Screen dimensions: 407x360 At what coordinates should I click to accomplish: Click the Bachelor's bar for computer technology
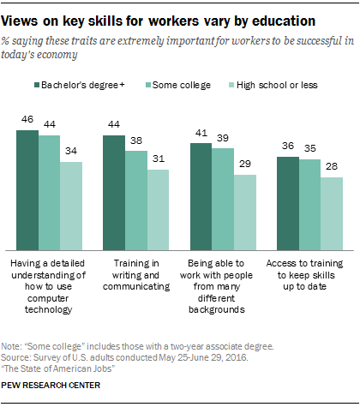28,189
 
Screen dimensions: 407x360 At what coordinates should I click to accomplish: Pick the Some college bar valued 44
51,191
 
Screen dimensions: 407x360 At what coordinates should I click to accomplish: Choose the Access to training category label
309,269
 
